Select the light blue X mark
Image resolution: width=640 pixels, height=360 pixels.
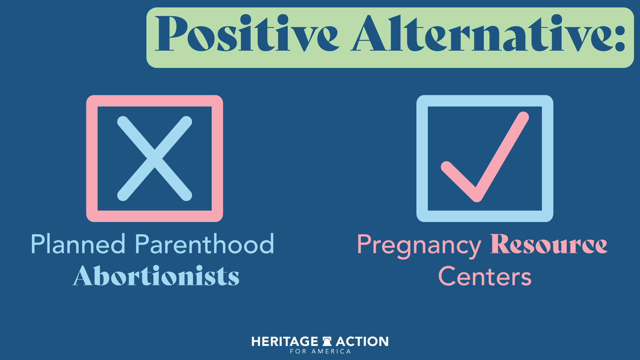[155, 159]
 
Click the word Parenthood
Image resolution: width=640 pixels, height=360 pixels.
[204, 244]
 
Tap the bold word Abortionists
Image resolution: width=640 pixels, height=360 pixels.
[156, 276]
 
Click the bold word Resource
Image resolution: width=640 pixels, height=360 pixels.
[549, 244]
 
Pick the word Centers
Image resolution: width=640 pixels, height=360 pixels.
[485, 277]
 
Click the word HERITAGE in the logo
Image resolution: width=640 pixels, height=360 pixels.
[285, 342]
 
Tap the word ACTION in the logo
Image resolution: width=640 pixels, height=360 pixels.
[362, 342]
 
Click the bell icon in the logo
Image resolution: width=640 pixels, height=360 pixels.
[327, 341]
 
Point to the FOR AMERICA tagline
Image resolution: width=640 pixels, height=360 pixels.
[320, 351]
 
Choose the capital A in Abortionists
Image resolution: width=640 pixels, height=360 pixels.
[82, 276]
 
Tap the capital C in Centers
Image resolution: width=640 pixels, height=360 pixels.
[447, 277]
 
